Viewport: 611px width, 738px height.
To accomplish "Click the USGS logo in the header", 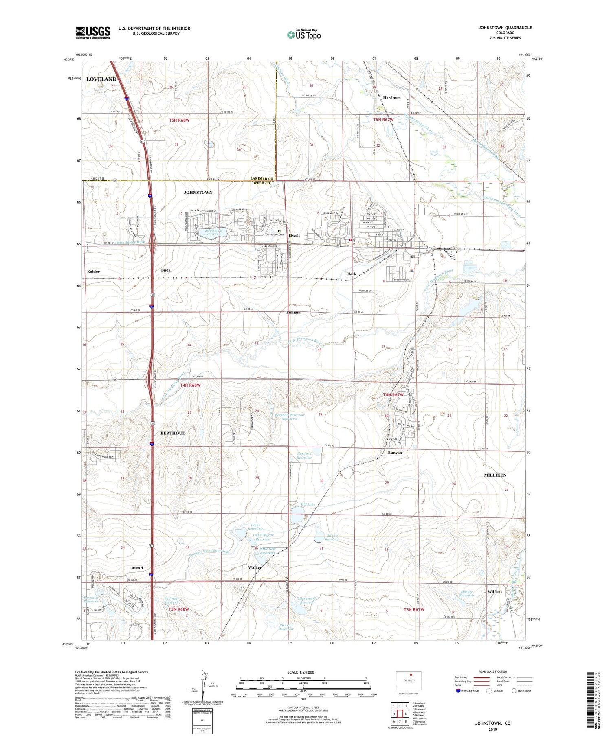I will click(x=93, y=33).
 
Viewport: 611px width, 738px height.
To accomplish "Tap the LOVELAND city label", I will click(x=101, y=79).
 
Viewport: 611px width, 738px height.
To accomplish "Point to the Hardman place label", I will click(x=392, y=98).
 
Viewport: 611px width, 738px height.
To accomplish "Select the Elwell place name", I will click(x=294, y=235).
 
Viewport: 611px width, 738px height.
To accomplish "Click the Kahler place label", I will click(x=93, y=271).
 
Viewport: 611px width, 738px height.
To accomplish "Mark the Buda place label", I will click(x=165, y=270).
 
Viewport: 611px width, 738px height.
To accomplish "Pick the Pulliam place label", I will click(x=293, y=312).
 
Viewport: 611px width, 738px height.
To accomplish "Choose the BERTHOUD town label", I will click(x=173, y=433).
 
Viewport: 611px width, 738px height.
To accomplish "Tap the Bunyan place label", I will click(x=395, y=453).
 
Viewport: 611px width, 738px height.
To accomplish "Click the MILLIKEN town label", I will click(x=495, y=475).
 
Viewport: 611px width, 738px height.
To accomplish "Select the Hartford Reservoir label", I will click(x=304, y=456).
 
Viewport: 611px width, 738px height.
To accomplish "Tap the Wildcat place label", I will click(x=495, y=591).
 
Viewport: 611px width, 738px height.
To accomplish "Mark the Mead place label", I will click(x=137, y=568).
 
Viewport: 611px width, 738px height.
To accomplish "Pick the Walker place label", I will click(x=255, y=567).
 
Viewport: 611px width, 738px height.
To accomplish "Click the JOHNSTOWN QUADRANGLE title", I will click(x=505, y=28).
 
